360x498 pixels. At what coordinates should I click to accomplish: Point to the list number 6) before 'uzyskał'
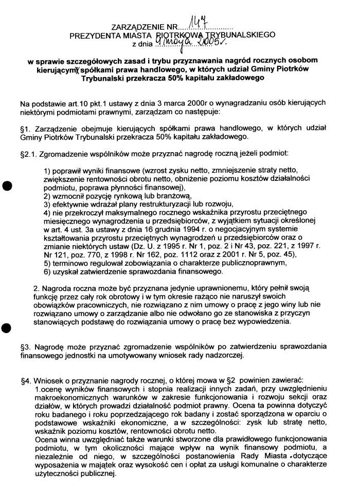47,271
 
